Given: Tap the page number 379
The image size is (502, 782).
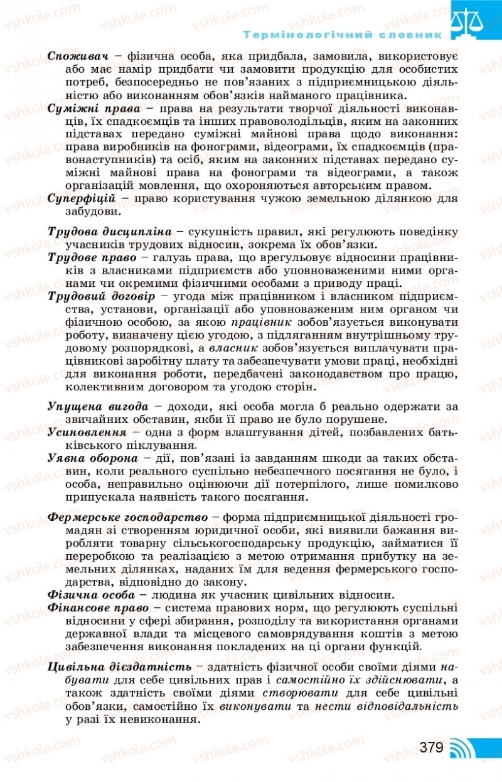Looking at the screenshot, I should [x=432, y=747].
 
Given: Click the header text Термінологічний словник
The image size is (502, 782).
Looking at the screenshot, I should [x=343, y=35].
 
